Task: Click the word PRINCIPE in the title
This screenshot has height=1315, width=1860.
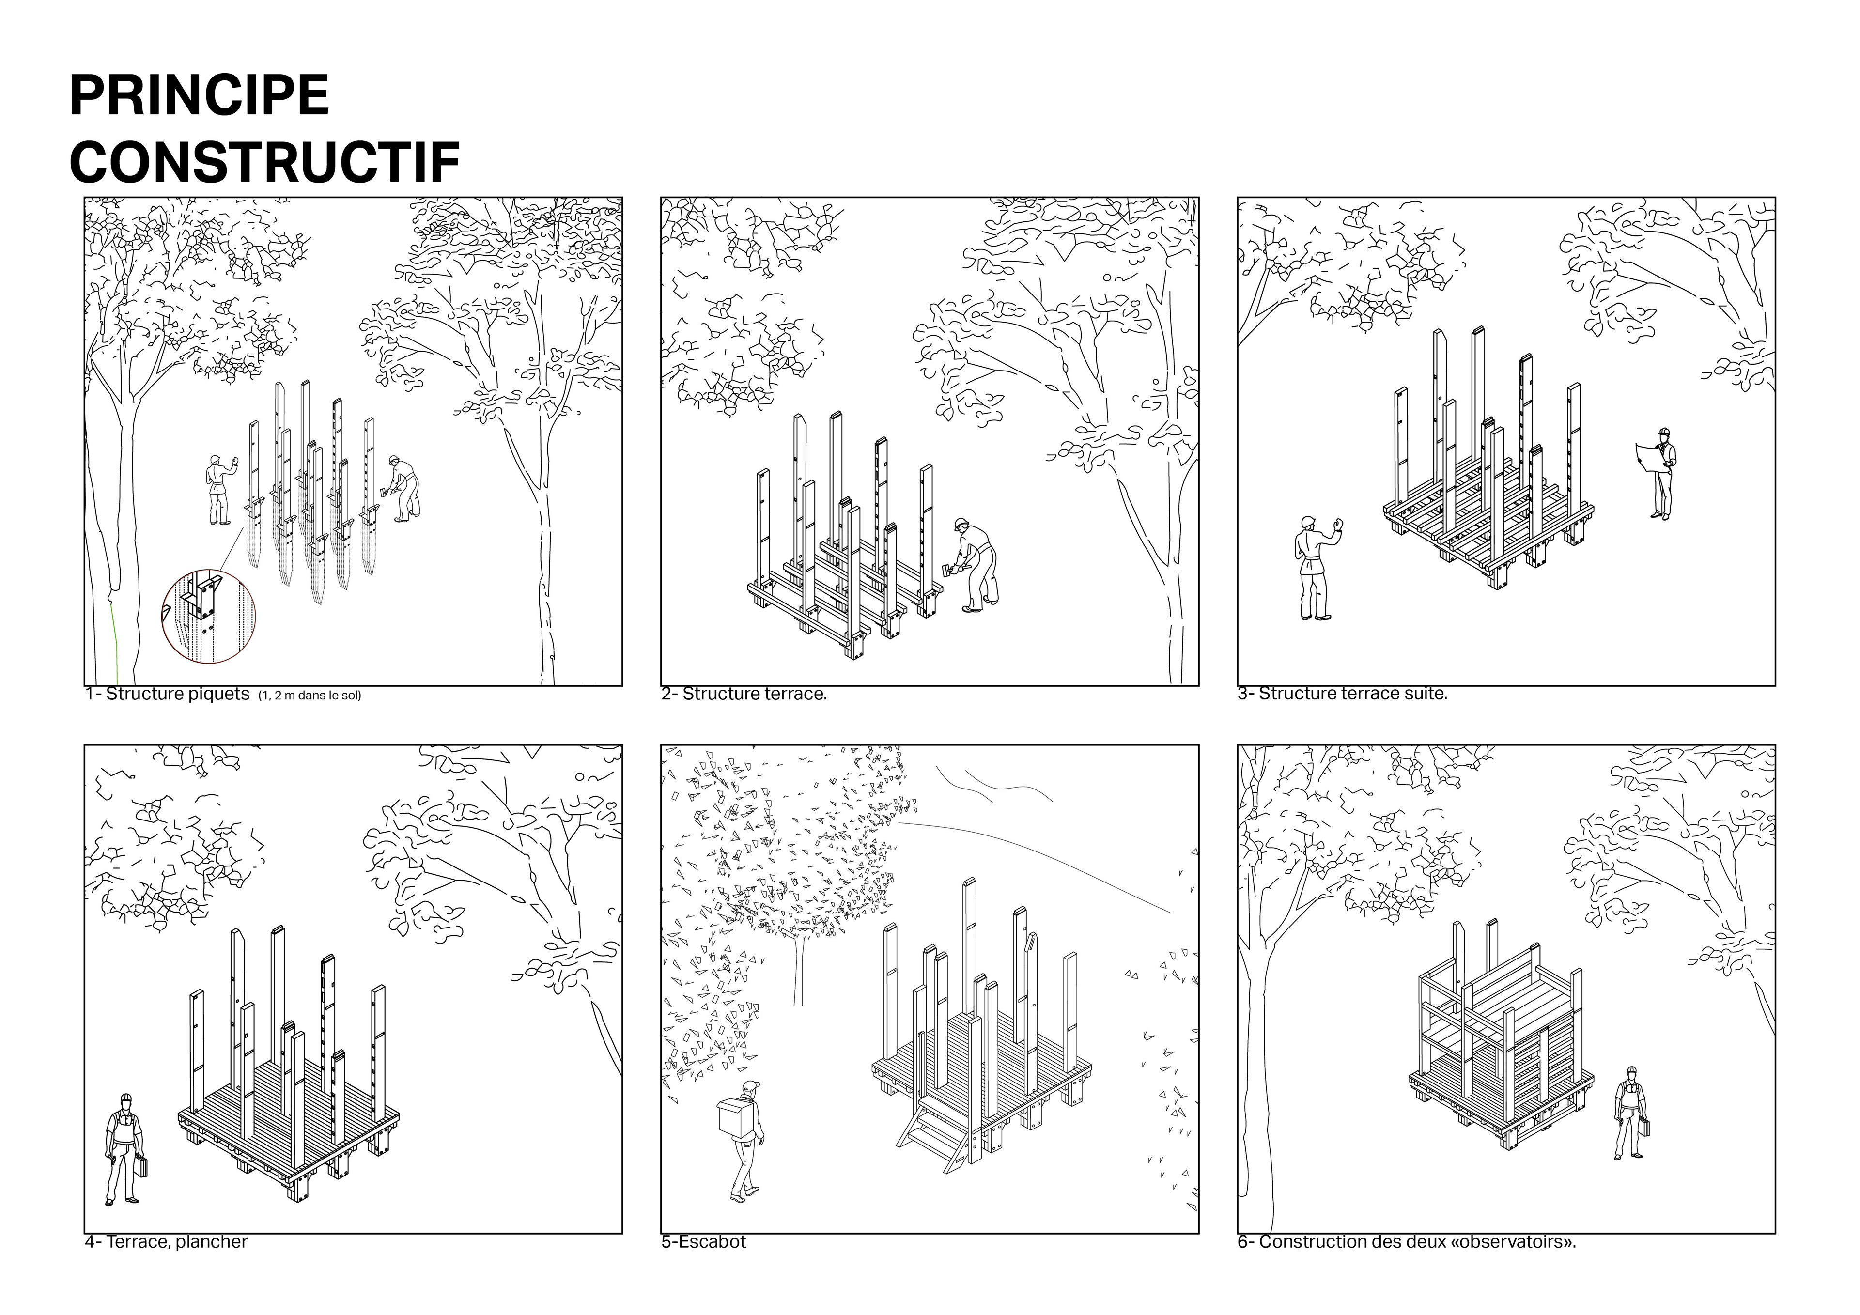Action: tap(199, 95)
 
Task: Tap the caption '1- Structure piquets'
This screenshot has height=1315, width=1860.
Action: tap(168, 695)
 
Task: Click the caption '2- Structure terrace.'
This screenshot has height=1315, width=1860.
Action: tap(744, 695)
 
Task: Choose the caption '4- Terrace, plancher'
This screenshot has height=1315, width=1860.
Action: tap(166, 1242)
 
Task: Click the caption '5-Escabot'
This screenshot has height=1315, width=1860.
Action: tap(703, 1242)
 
